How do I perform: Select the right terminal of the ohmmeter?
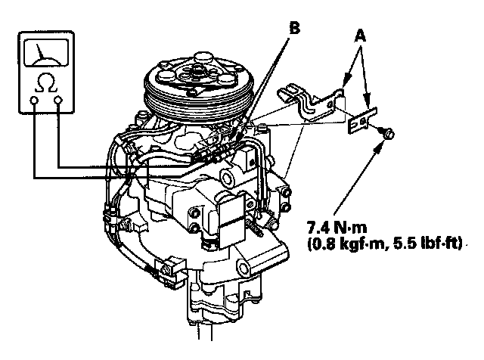(x=58, y=101)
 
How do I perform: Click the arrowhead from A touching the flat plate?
(x=365, y=111)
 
